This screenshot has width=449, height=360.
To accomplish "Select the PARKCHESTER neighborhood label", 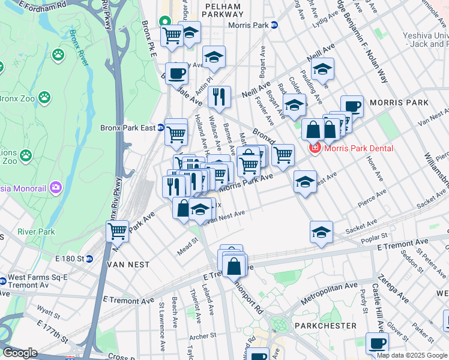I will [325, 326].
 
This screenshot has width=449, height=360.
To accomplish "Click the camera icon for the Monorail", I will [56, 188].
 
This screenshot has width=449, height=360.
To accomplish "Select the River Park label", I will [36, 232].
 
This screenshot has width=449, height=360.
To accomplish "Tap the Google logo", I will [20, 353].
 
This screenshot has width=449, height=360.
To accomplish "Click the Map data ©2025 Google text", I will [411, 355].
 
